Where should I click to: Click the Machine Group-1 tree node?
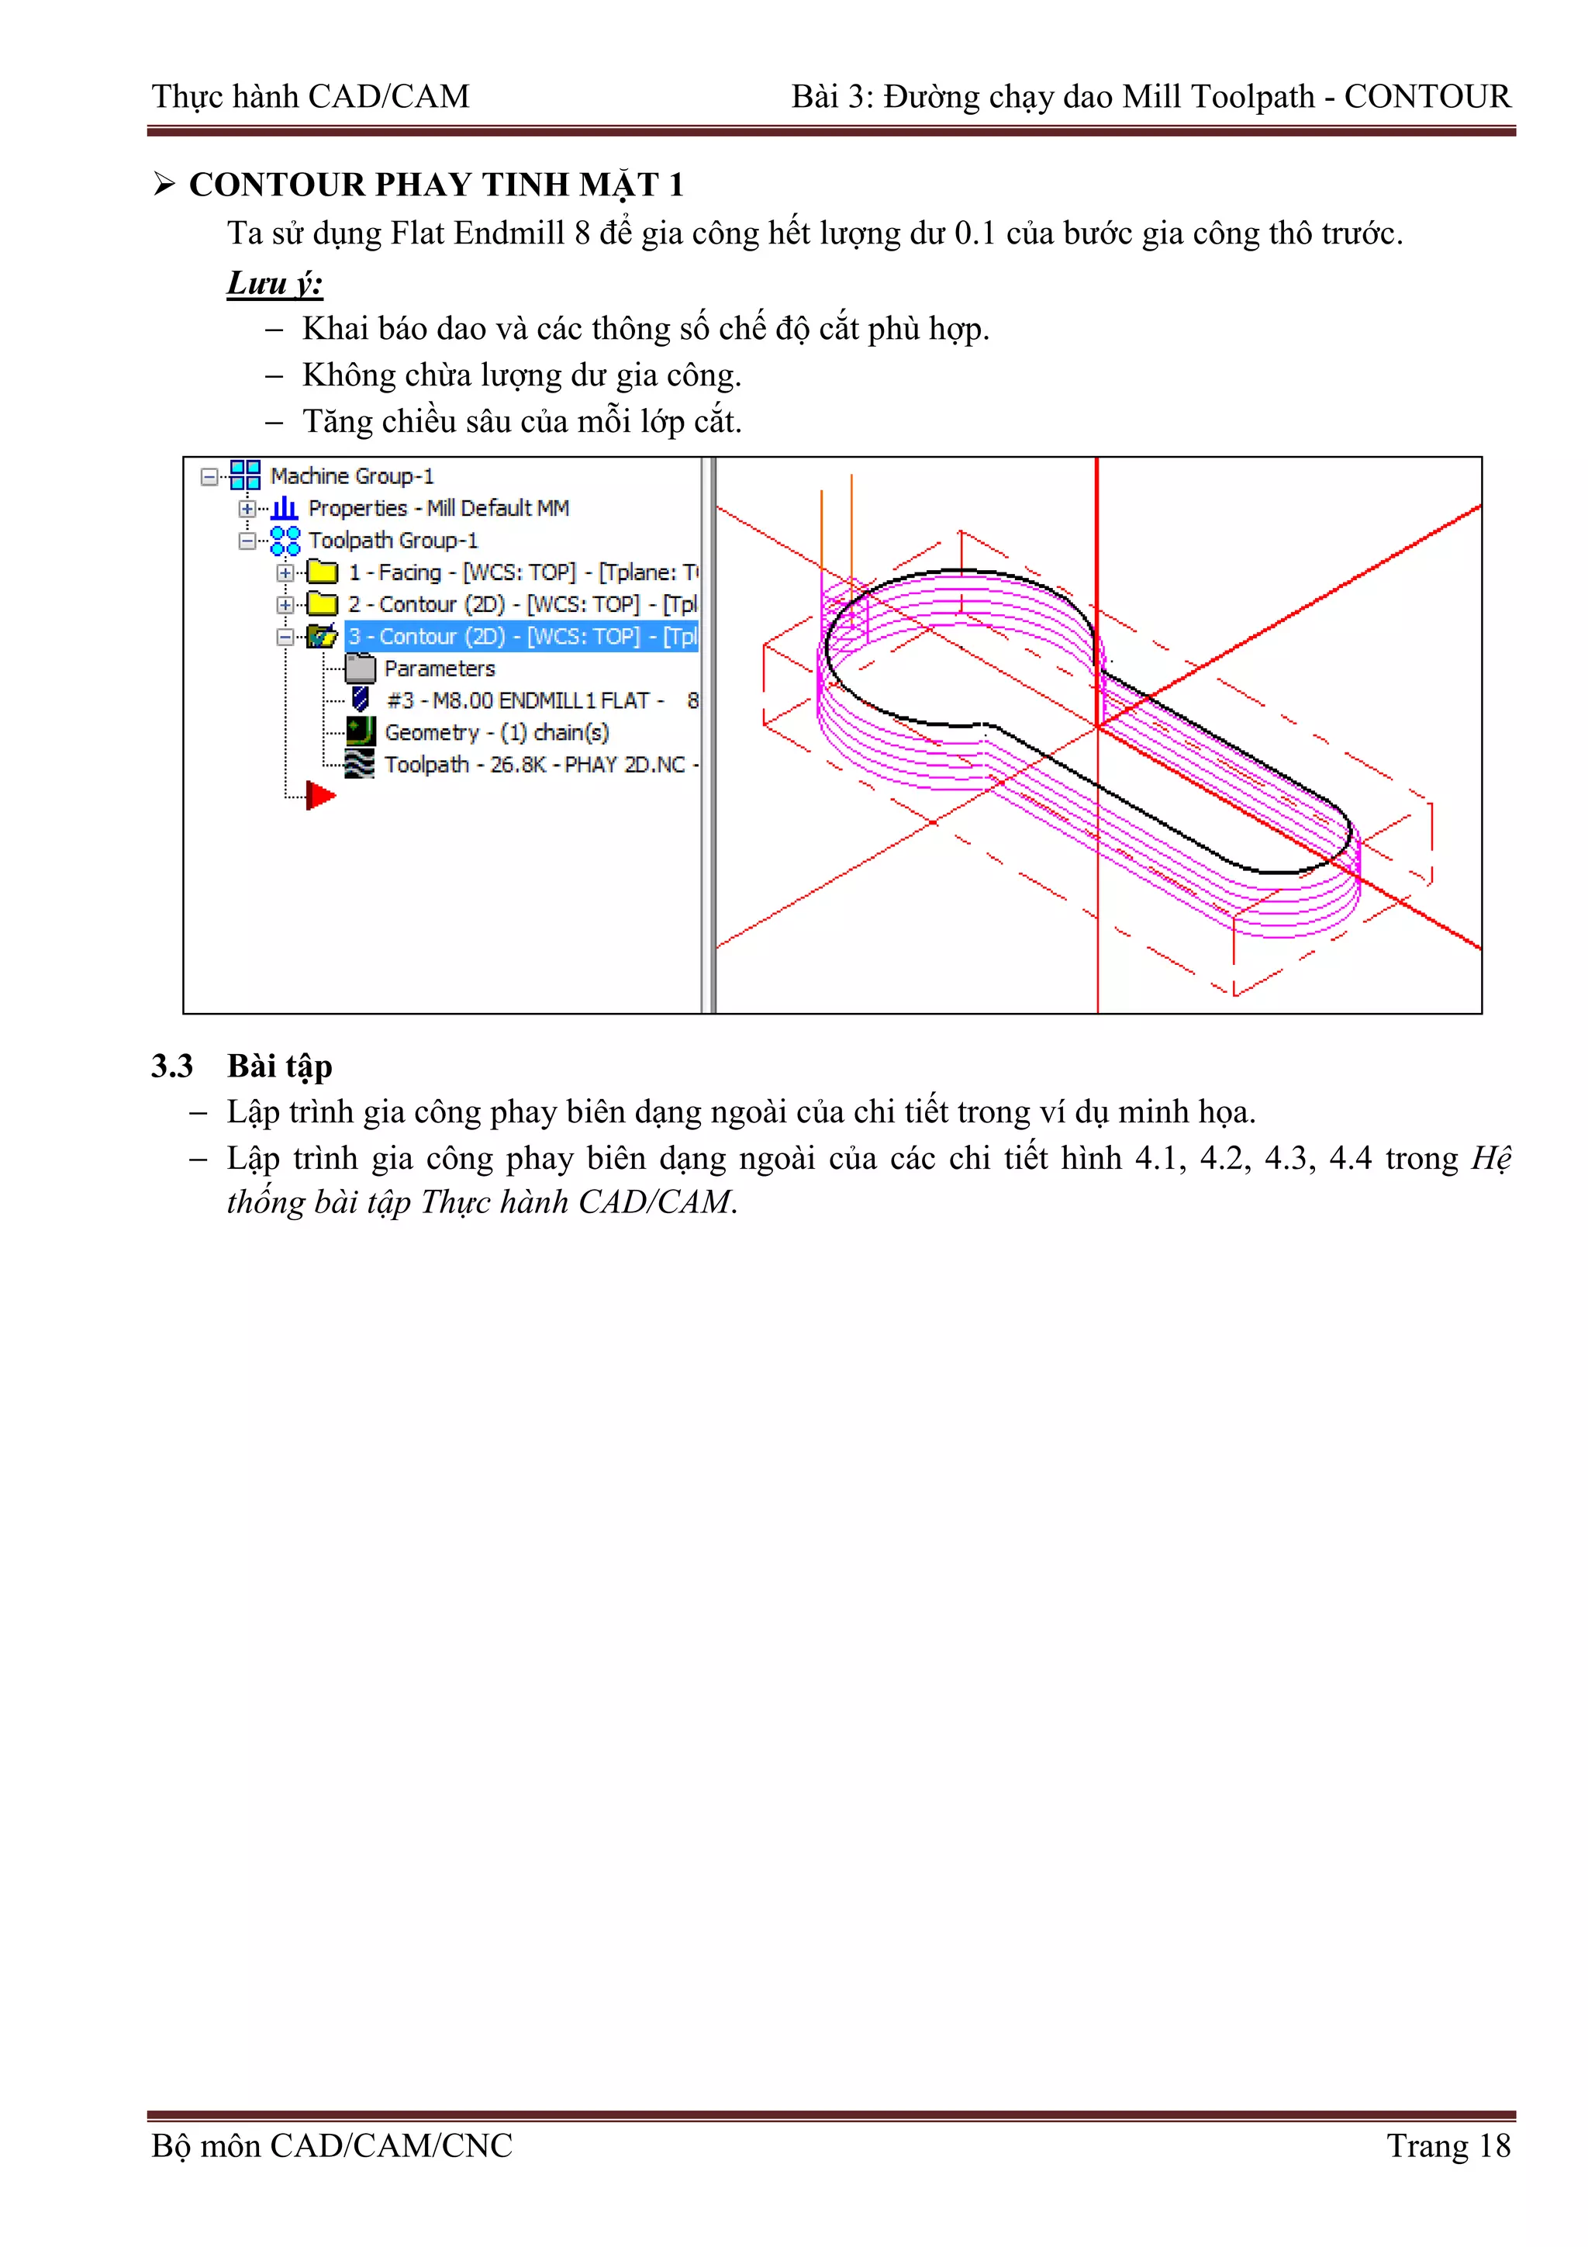click(x=351, y=475)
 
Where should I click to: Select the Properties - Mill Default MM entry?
click(x=437, y=508)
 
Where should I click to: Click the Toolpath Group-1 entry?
click(x=392, y=540)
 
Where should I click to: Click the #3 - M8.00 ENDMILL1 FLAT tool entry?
click(x=524, y=700)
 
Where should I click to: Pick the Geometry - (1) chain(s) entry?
click(x=496, y=732)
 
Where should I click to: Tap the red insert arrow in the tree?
click(x=320, y=796)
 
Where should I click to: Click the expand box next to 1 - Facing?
click(x=285, y=572)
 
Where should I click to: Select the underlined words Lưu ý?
click(x=275, y=283)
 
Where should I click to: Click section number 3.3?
click(x=172, y=1066)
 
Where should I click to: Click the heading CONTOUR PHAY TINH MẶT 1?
click(x=436, y=185)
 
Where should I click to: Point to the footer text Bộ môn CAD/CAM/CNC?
click(x=332, y=2145)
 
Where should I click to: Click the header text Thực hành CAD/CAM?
click(x=310, y=96)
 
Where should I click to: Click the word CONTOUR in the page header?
click(x=1427, y=96)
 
